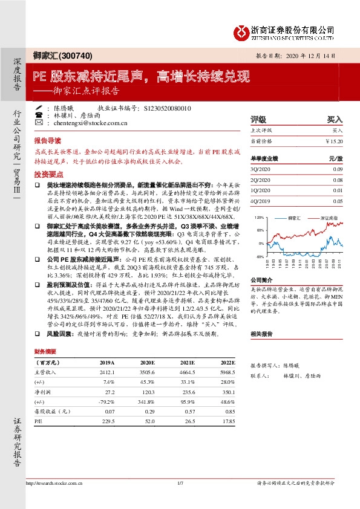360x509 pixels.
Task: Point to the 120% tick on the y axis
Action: click(x=258, y=216)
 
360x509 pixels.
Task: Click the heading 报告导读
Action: click(x=47, y=138)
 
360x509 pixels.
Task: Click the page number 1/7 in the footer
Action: click(x=180, y=483)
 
